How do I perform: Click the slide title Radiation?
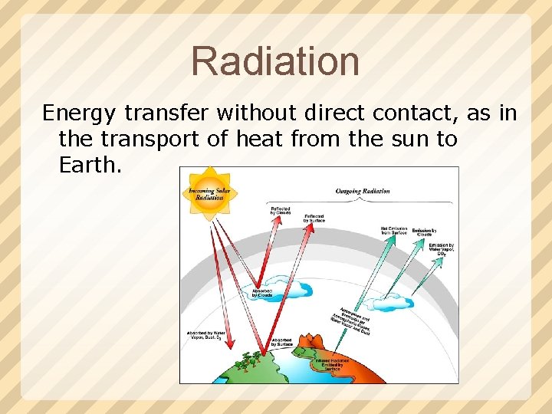click(x=275, y=61)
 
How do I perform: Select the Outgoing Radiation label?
click(x=363, y=191)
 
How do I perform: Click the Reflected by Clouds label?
click(x=280, y=211)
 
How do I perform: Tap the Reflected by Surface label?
click(x=314, y=219)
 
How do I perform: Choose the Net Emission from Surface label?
click(x=394, y=230)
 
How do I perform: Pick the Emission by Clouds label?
click(x=424, y=231)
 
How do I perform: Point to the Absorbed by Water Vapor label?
click(x=205, y=336)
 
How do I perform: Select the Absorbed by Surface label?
click(x=281, y=342)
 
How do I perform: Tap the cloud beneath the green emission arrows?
click(x=393, y=306)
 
